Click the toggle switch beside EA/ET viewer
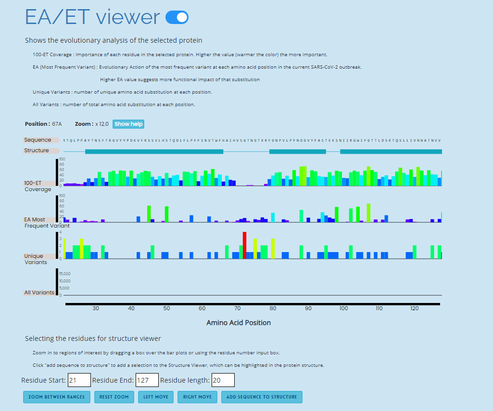coord(177,18)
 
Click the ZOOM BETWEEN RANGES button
coord(56,397)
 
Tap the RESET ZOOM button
coord(114,397)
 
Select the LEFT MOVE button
coord(156,397)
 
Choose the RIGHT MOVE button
coord(197,397)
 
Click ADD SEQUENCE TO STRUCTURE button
coord(262,397)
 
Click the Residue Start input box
coord(79,380)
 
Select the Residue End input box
coord(147,380)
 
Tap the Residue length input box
coord(223,380)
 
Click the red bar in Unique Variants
coord(245,245)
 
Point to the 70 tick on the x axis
coord(238,308)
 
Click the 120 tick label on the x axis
coord(415,308)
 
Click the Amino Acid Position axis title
coord(239,323)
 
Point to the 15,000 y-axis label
coord(65,274)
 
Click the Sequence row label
coord(38,140)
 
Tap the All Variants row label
coord(39,292)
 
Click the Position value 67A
coord(57,124)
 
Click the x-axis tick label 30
coord(96,308)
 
